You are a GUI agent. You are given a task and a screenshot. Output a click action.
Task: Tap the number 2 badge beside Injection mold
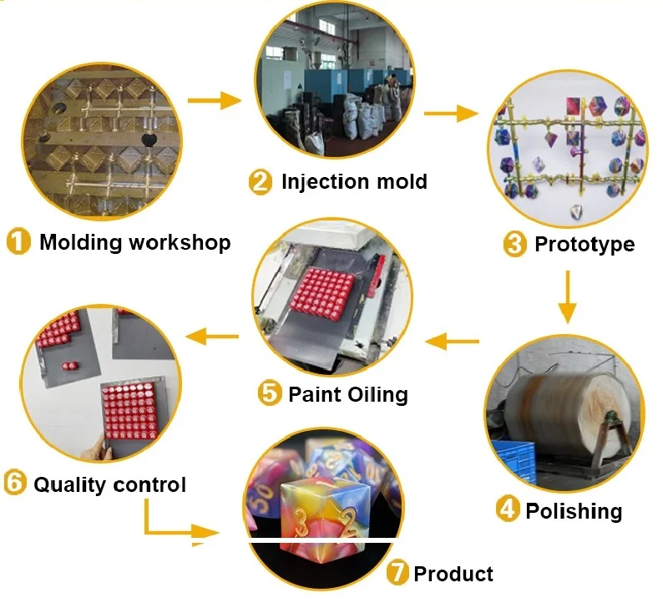point(261,182)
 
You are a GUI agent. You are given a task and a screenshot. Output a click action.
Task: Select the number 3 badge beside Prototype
point(514,244)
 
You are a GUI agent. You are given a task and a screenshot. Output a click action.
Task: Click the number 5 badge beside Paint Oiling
point(269,393)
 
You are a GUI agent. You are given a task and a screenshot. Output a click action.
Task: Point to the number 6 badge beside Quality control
point(16,484)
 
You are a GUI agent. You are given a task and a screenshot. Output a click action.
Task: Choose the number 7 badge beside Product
point(398,573)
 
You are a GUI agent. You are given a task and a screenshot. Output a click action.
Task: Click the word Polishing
point(574,510)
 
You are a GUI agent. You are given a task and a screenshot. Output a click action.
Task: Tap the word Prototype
point(585,244)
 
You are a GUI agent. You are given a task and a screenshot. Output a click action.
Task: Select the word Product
point(453,574)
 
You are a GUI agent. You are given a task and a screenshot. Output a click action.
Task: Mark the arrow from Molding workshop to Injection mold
point(214,101)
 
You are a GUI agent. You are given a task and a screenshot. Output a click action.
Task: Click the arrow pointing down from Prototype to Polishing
point(567,296)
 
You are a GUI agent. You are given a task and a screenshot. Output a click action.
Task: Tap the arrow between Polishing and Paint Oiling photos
point(456,340)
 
